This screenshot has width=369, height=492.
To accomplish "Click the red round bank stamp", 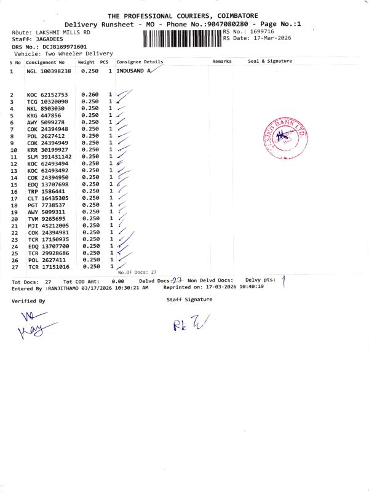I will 284,138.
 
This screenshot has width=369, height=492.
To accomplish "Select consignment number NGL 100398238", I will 49,72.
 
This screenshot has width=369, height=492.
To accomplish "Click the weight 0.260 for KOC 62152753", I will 89,95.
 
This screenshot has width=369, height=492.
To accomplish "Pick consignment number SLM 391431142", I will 49,157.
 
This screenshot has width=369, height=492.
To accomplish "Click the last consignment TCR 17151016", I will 47,267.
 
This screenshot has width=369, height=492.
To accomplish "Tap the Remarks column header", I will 222,61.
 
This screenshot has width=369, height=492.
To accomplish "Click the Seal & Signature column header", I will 269,61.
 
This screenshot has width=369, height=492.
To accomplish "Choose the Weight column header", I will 85,62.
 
